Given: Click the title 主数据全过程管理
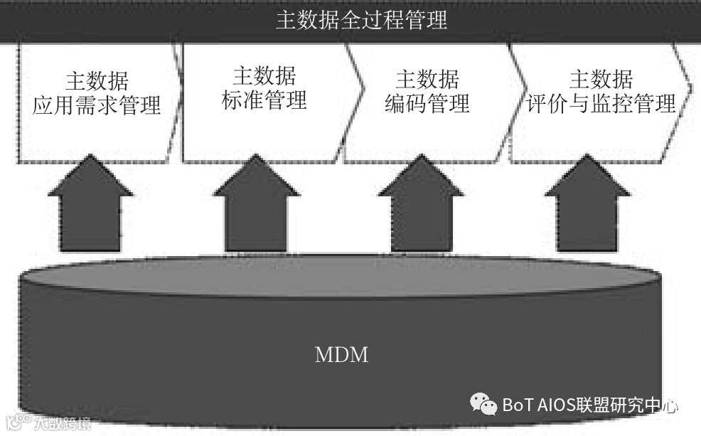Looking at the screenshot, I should pos(361,19).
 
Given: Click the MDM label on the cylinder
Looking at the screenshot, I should pos(341,354).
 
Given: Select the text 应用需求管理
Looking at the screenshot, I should pos(97,106).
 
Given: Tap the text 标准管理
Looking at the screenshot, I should pos(264,100).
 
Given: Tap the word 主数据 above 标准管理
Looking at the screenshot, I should pos(264,76).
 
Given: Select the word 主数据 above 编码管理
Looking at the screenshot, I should pos(427,79).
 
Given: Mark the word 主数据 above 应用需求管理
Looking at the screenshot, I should pos(97,81).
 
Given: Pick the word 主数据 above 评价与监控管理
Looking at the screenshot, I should pos(601,79).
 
